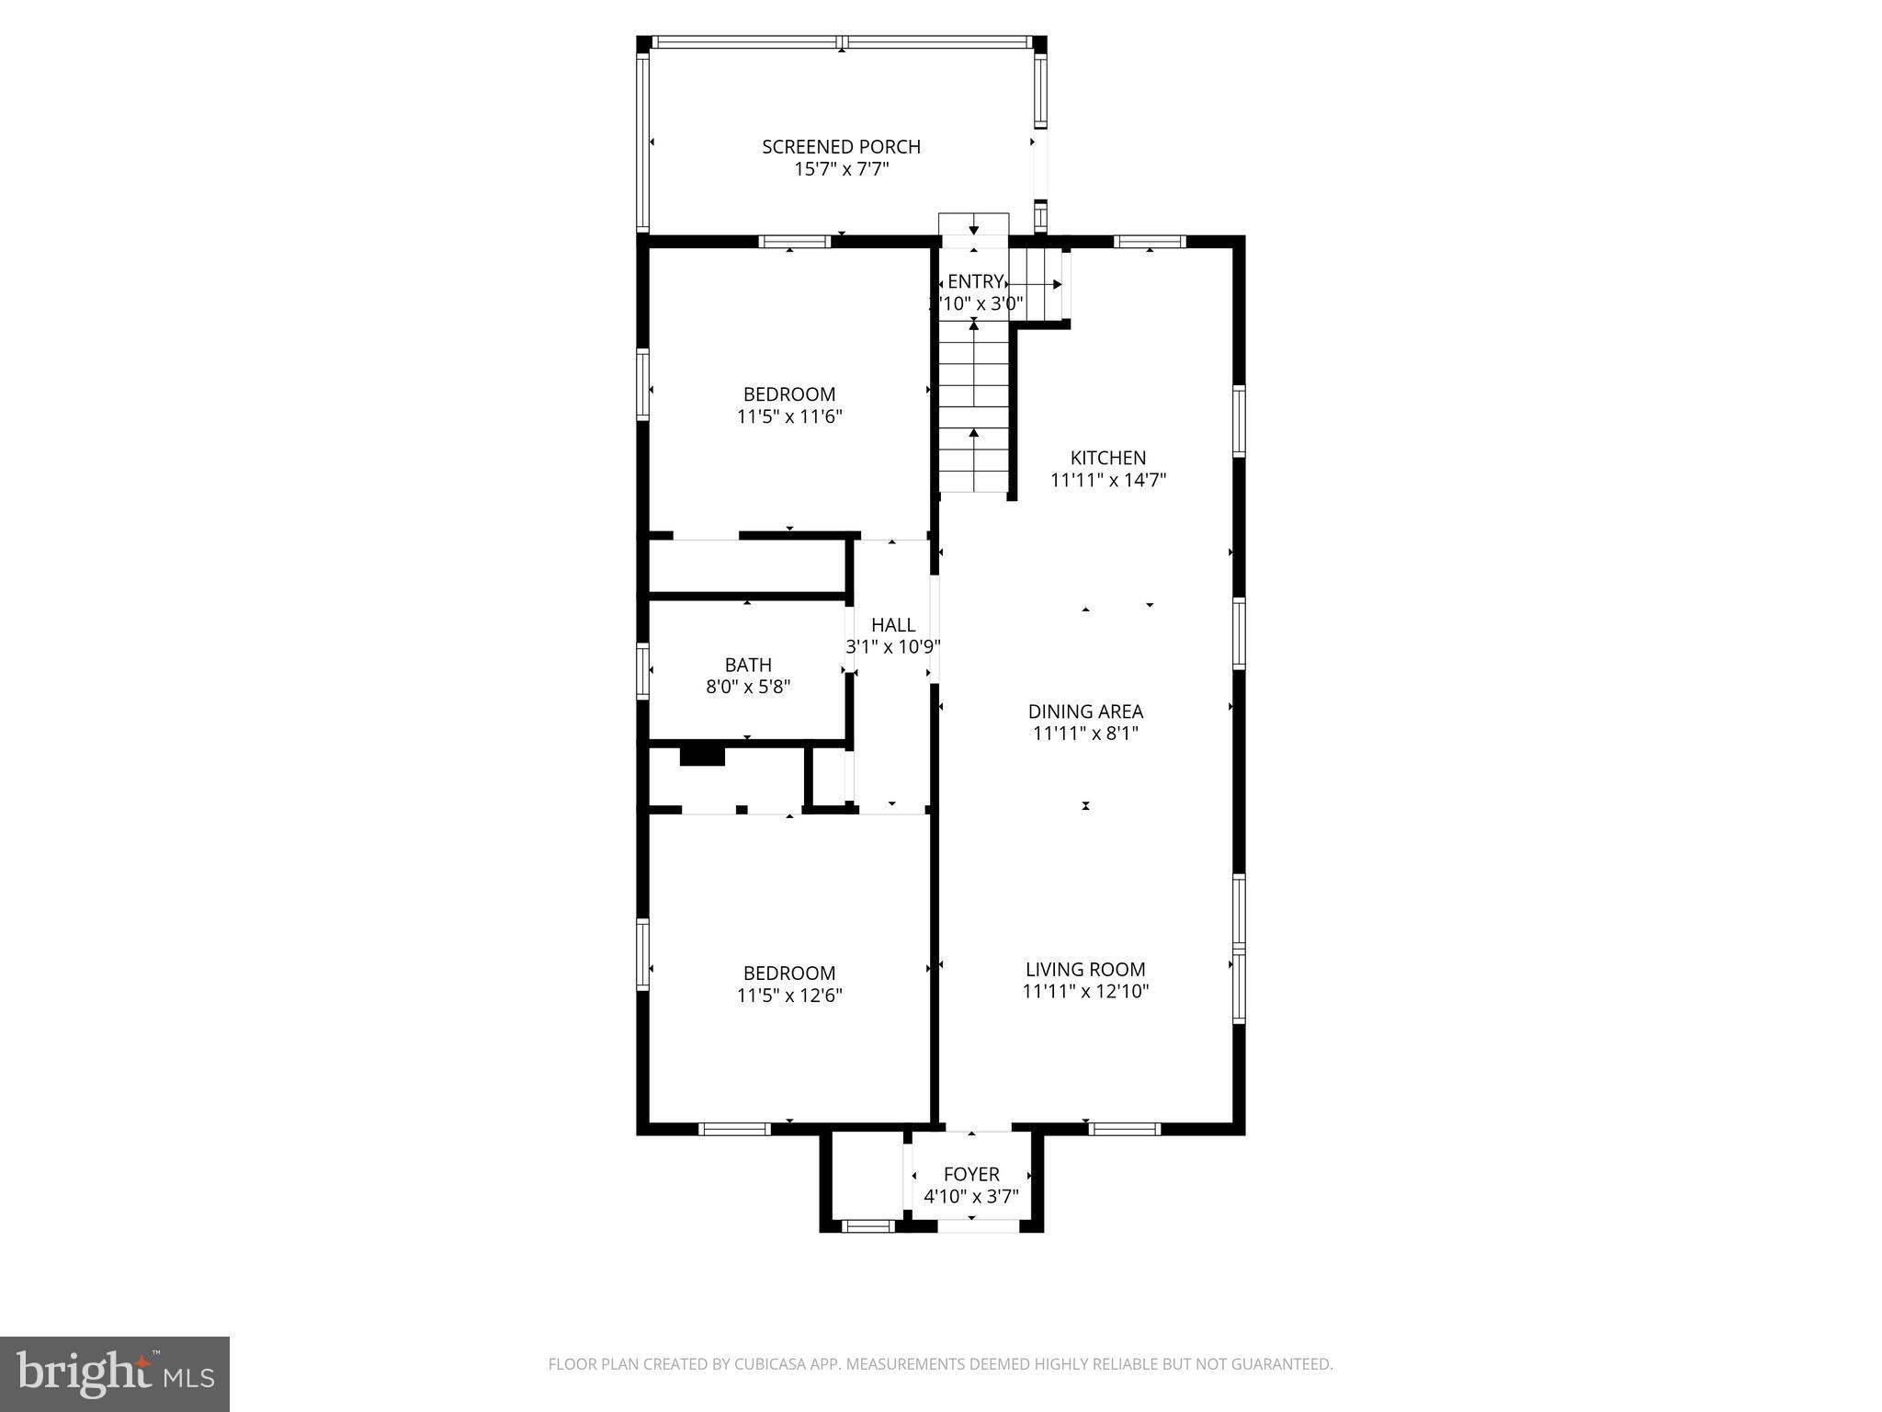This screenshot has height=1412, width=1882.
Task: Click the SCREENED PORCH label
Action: [x=841, y=147]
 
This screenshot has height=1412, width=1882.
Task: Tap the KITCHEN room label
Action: [x=1107, y=458]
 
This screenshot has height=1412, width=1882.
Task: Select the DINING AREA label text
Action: [x=1085, y=712]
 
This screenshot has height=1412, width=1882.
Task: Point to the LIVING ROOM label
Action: [x=1085, y=970]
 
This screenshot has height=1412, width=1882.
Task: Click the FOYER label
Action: [x=971, y=1175]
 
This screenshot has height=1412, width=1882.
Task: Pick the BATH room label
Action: [x=748, y=665]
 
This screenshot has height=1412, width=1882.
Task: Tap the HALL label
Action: [x=892, y=625]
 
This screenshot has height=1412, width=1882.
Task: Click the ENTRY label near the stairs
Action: [x=974, y=281]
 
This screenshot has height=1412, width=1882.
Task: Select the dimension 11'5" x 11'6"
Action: [x=789, y=416]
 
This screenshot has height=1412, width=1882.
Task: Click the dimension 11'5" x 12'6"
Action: [x=789, y=996]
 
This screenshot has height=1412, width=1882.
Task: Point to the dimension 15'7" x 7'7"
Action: [x=841, y=169]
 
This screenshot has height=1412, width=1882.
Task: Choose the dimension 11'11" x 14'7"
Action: [x=1107, y=480]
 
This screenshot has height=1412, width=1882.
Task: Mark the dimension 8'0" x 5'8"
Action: [x=748, y=687]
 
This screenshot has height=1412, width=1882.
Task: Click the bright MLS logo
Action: [x=115, y=1374]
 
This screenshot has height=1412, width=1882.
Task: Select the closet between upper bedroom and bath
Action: [x=746, y=567]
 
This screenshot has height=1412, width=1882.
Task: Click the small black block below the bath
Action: [x=702, y=757]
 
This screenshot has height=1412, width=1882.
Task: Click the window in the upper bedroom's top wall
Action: [x=795, y=242]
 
